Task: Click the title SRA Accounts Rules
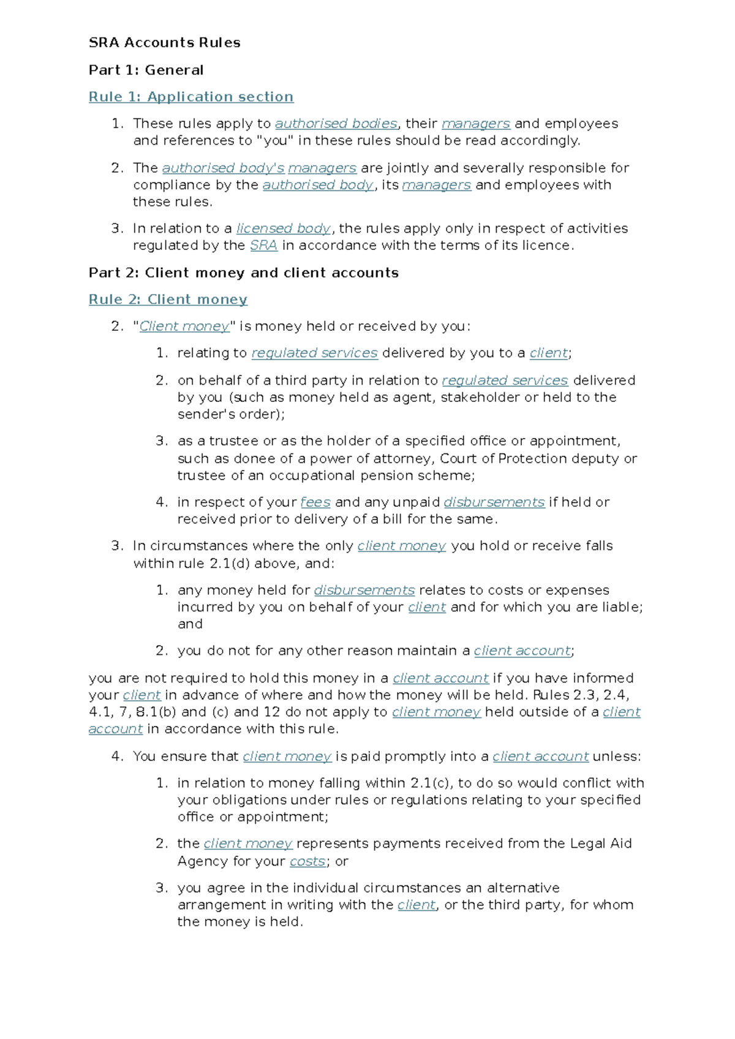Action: click(x=164, y=43)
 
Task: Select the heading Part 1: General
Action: click(x=146, y=70)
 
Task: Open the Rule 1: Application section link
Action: click(x=190, y=97)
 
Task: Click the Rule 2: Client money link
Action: click(x=168, y=300)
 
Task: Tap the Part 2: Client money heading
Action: click(x=243, y=273)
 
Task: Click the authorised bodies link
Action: click(x=336, y=124)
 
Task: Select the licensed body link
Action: click(x=284, y=229)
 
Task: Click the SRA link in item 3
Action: click(x=263, y=246)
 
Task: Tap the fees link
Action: click(x=315, y=502)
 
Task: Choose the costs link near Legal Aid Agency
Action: click(x=307, y=861)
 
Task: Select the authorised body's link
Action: click(x=223, y=168)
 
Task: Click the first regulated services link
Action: click(x=314, y=353)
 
